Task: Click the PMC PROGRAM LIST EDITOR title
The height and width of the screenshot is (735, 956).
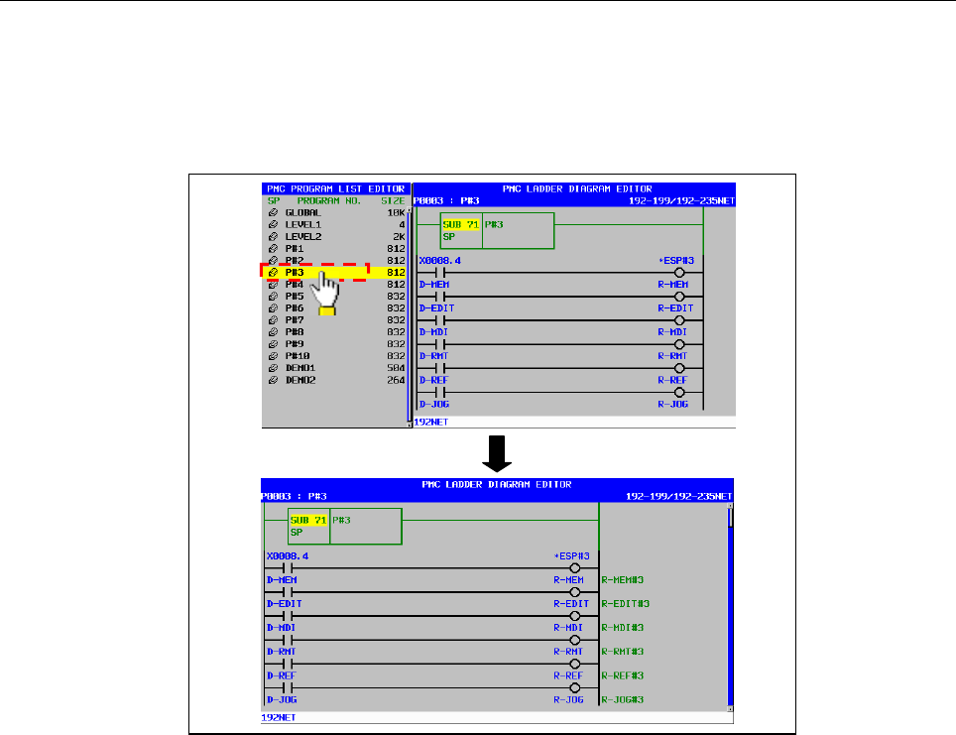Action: point(335,188)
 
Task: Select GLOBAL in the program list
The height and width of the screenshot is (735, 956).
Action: point(302,212)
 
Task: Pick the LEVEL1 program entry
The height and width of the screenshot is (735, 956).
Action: point(302,225)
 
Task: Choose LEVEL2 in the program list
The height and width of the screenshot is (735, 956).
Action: point(302,237)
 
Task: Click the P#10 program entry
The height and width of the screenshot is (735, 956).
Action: point(298,355)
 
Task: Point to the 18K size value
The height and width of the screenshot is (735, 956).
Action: point(397,212)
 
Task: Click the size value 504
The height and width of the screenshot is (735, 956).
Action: point(397,367)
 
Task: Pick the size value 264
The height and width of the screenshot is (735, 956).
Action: point(397,379)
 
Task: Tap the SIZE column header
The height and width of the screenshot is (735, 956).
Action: point(394,200)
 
